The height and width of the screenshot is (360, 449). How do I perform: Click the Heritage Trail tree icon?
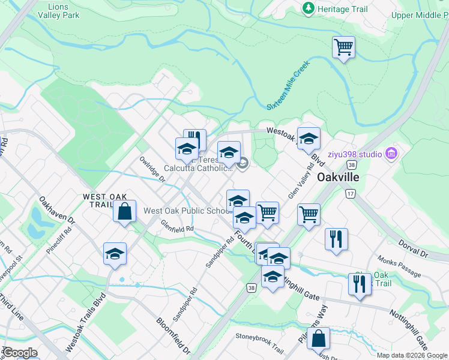pos(308,8)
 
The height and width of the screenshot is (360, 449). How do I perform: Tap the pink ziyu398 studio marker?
pos(392,154)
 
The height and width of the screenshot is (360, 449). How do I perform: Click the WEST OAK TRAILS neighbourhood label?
pos(98,200)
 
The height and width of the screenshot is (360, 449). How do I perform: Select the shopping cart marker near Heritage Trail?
pos(343,47)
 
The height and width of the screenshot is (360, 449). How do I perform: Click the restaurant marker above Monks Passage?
pos(336,239)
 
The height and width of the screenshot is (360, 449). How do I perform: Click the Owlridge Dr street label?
pos(152,169)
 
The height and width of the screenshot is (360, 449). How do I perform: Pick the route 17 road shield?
pos(351,193)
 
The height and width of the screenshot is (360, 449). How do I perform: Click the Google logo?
pos(19,353)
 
